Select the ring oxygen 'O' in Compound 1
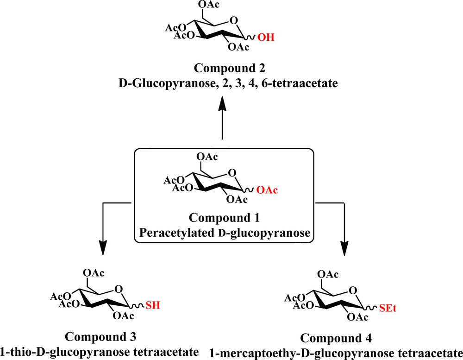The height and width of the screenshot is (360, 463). pyautogui.click(x=234, y=173)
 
